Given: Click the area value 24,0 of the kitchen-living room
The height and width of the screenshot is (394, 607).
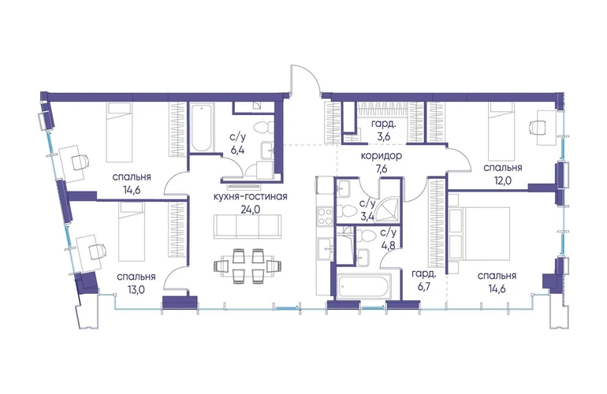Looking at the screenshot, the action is [x=251, y=210].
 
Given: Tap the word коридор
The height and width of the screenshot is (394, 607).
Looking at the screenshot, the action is [x=382, y=156].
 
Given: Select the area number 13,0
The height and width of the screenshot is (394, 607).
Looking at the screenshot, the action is [x=136, y=289].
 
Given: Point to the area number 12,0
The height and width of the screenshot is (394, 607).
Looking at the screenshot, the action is [x=503, y=180].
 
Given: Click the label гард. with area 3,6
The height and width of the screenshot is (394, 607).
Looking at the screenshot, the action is [x=383, y=125].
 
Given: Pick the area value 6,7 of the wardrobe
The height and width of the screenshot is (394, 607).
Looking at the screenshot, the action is [x=424, y=287].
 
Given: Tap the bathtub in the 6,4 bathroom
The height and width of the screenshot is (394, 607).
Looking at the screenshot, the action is [x=202, y=128].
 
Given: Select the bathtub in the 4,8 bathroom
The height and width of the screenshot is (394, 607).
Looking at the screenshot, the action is [x=364, y=287].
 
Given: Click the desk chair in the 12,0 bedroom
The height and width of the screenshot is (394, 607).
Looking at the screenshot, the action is [x=537, y=126].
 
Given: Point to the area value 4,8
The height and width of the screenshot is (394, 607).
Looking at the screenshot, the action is [x=388, y=244].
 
